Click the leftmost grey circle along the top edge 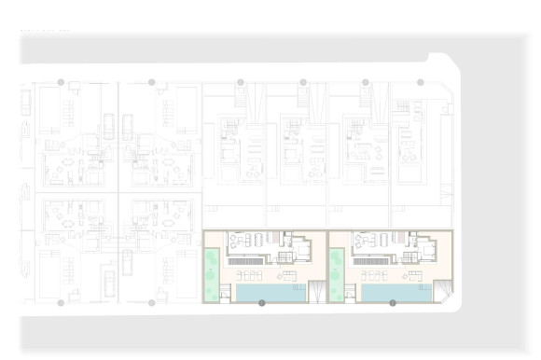tap(61, 82)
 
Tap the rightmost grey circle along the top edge tap(421, 82)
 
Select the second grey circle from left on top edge tap(151, 82)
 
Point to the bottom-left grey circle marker tap(61, 303)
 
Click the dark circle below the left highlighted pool tap(262, 303)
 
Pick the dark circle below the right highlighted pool tap(393, 303)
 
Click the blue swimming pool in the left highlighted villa tap(270, 293)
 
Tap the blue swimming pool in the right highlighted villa tap(395, 293)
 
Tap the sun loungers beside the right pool tap(375, 275)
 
